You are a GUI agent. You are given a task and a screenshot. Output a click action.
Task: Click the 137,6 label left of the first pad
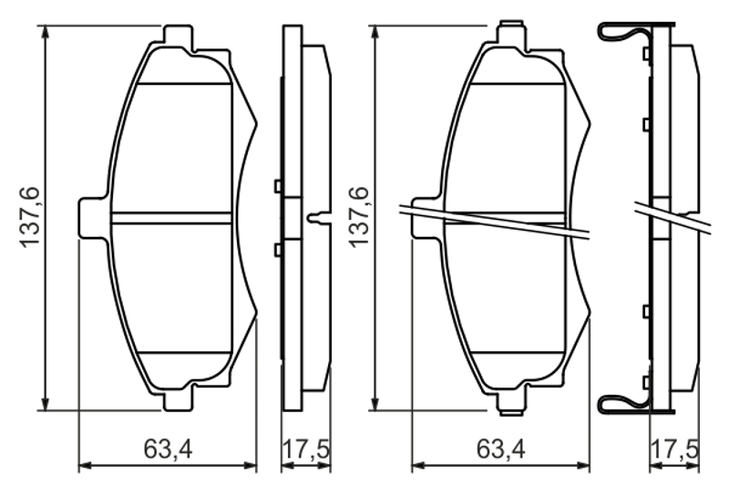tap(31, 218)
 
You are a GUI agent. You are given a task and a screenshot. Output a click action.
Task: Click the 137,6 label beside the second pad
tap(359, 218)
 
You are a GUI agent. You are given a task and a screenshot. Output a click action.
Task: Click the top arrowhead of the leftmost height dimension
tap(45, 32)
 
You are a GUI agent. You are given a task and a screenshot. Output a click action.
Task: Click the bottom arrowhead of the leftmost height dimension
tap(45, 404)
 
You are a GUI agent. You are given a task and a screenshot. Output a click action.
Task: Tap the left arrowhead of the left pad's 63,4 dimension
tap(85, 465)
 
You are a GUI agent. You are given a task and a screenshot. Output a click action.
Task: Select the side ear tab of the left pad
tap(93, 218)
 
